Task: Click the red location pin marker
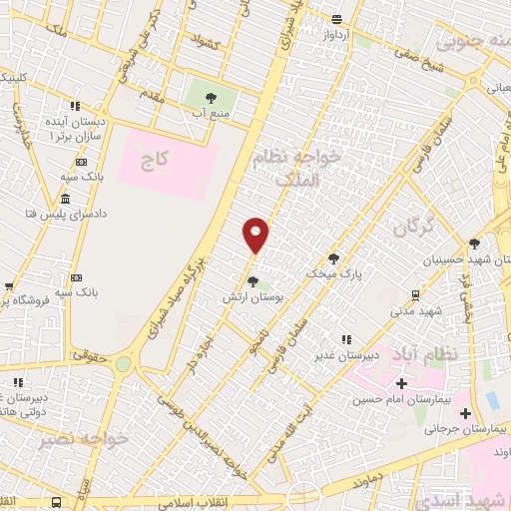tap(256, 235)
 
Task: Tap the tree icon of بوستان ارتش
tap(252, 280)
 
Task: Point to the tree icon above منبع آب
tap(210, 98)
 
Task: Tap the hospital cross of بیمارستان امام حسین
tap(402, 383)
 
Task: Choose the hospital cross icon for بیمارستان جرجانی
tap(465, 412)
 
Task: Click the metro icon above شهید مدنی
tap(414, 294)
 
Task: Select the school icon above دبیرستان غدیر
tap(345, 339)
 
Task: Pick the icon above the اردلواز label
tap(338, 19)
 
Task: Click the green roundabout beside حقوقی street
tap(123, 364)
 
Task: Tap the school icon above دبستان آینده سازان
tap(74, 105)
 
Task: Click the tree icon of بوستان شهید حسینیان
tap(474, 243)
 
